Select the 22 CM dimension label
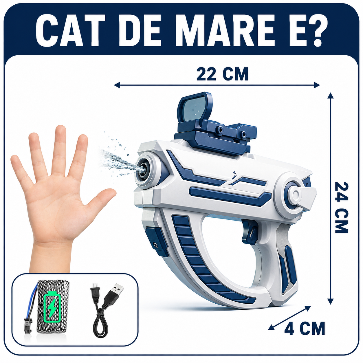pos(222,74)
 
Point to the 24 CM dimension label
pos(342,208)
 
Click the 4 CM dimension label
pos(305,328)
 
